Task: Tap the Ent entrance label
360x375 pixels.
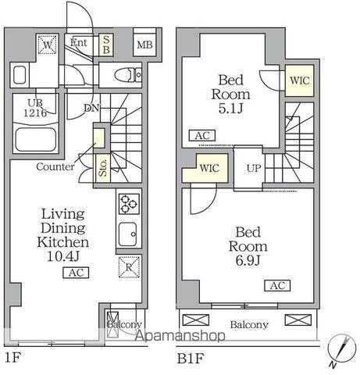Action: (x=78, y=42)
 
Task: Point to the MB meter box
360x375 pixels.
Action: (x=144, y=44)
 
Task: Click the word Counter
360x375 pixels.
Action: (x=55, y=166)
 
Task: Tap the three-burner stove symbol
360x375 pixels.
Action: (x=128, y=204)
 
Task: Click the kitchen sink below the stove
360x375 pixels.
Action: (x=127, y=233)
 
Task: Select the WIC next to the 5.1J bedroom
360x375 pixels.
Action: (x=298, y=80)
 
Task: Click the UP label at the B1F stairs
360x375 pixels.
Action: (x=255, y=168)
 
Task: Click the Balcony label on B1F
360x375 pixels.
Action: (x=249, y=325)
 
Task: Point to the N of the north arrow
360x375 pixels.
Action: (x=334, y=365)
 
